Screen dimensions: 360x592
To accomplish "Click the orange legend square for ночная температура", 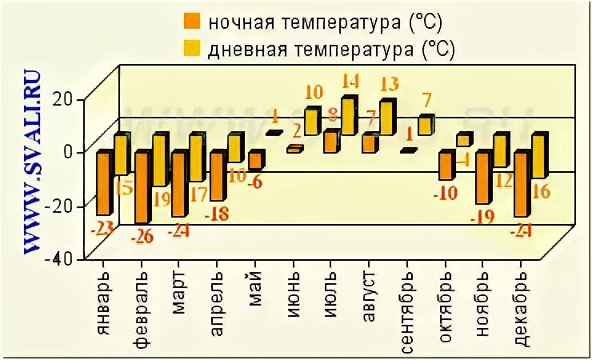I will click(192, 20).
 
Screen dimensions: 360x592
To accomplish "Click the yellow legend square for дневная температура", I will click(192, 49).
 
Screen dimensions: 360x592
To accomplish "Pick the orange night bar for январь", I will click(104, 182).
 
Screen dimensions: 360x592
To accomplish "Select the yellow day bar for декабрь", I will click(539, 155).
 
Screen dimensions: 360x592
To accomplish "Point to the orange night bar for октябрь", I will click(446, 166).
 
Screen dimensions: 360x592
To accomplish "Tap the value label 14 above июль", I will click(350, 82).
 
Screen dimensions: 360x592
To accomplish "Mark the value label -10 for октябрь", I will click(446, 193).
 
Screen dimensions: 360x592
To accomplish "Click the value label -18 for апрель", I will click(218, 214).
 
